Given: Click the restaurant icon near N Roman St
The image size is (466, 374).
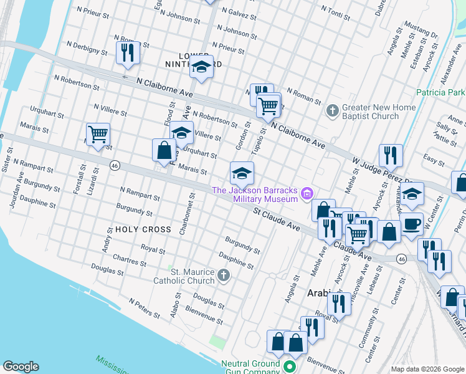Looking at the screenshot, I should click(x=128, y=52).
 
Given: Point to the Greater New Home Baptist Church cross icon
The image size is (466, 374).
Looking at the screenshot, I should click(x=332, y=112).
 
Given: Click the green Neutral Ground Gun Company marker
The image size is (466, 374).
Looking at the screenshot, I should click(x=289, y=367).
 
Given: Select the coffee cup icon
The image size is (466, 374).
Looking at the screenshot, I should click(x=411, y=224).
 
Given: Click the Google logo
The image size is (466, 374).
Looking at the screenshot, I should click(x=21, y=367).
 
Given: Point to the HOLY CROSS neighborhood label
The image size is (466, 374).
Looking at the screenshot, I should click(x=143, y=229).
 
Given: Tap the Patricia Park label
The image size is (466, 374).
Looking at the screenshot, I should click(x=440, y=92).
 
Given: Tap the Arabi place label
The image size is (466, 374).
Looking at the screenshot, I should click(x=320, y=292).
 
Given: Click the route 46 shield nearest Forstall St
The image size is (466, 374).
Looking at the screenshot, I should click(x=114, y=165).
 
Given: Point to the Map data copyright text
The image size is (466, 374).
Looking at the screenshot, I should click(x=427, y=369).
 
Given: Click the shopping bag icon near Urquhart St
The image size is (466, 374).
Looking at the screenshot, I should click(x=164, y=150).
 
